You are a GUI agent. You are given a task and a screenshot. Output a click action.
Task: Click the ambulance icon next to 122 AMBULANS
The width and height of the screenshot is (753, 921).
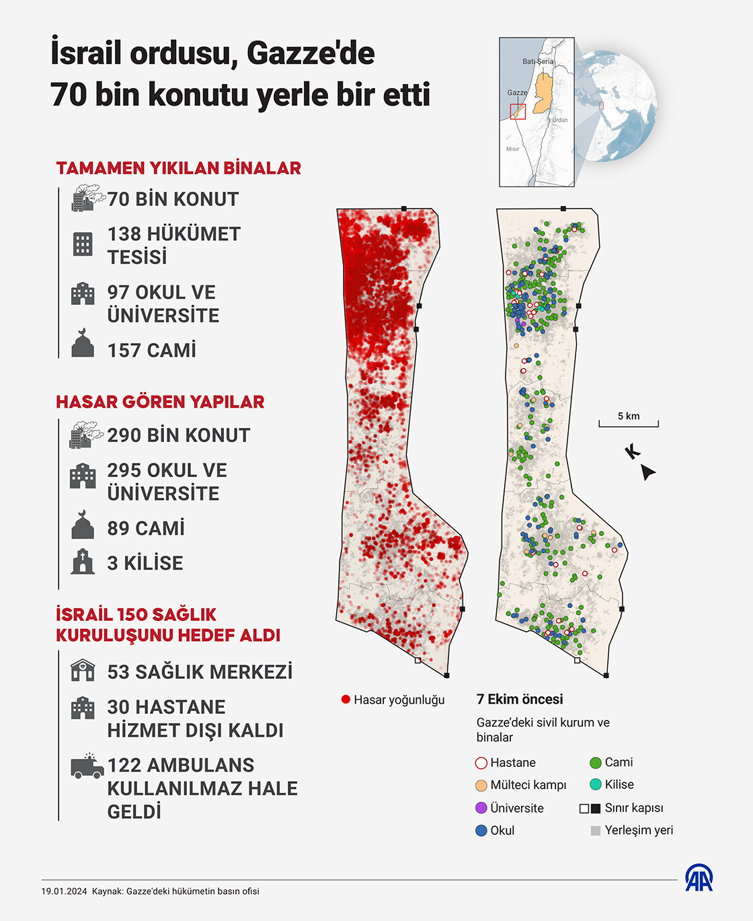[x=87, y=766]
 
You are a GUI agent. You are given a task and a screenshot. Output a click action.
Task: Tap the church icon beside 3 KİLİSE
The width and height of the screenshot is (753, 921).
[x=83, y=562]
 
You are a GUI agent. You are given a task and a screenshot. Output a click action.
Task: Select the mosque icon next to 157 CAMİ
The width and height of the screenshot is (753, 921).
[x=83, y=344]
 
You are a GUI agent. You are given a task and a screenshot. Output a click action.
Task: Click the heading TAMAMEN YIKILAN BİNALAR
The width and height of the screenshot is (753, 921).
[x=178, y=168]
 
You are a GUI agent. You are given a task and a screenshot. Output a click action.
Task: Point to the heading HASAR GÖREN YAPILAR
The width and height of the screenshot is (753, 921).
[x=160, y=402]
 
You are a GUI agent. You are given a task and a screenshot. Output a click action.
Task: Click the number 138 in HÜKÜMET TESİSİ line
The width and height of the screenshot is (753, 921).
[x=124, y=234]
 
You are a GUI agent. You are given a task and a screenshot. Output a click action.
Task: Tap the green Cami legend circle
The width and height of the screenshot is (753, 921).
[x=595, y=763]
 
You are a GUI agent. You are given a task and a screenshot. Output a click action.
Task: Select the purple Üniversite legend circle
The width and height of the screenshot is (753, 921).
[x=481, y=808]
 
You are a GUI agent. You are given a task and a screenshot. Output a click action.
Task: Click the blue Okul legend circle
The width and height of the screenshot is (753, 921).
[x=481, y=830]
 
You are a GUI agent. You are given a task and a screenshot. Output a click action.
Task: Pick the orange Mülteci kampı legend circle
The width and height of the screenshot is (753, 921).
[x=481, y=785]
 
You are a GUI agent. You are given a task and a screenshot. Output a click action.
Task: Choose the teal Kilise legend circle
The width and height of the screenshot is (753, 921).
[x=595, y=784]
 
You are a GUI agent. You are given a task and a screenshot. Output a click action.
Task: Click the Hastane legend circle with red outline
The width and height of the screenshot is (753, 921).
[x=481, y=763]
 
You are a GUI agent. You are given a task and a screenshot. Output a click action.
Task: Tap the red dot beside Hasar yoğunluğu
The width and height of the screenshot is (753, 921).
[x=346, y=700]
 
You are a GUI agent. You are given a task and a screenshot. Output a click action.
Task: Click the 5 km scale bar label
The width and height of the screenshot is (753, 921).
[x=629, y=416]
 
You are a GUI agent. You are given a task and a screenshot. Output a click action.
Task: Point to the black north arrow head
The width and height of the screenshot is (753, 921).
[x=647, y=472]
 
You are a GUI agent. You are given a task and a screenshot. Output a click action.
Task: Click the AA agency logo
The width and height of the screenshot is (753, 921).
[x=699, y=878]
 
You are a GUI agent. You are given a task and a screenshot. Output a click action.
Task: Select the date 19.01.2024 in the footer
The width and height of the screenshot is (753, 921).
[x=65, y=891]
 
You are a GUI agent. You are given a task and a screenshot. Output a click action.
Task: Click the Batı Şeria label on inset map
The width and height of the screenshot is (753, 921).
[x=539, y=61]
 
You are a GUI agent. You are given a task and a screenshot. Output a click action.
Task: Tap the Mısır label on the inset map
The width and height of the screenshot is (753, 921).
[x=513, y=149]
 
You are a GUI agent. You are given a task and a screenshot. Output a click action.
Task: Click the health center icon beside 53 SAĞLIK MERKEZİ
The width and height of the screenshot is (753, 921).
[x=83, y=671]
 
